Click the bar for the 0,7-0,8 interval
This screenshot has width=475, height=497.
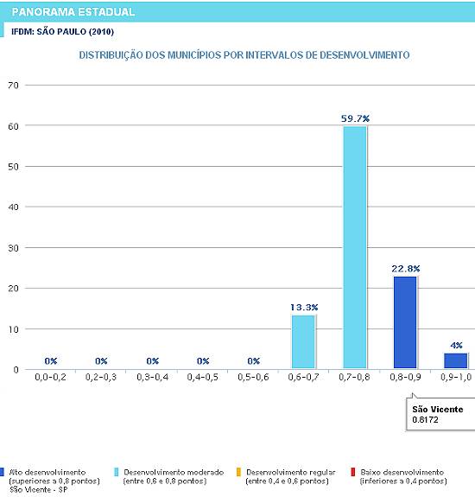(x=355, y=247)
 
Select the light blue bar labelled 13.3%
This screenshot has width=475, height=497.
(x=303, y=341)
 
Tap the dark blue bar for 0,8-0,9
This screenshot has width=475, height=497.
(x=405, y=322)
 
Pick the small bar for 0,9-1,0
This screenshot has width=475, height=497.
(x=456, y=360)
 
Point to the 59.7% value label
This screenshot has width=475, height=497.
(x=355, y=119)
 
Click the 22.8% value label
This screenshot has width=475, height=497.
(x=406, y=269)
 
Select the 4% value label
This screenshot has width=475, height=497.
(x=456, y=345)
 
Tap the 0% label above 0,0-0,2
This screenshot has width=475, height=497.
(x=51, y=361)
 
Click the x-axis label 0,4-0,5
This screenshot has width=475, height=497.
(x=203, y=377)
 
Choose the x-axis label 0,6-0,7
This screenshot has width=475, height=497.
(x=303, y=377)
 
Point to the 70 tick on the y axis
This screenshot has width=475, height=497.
(x=13, y=86)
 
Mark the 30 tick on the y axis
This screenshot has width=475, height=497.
(x=13, y=248)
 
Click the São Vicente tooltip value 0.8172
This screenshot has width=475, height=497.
(x=425, y=420)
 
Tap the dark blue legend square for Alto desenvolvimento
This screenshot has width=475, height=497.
(x=2, y=472)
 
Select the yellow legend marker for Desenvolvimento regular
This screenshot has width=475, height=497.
(x=238, y=472)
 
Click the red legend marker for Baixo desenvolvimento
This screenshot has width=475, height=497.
(x=352, y=472)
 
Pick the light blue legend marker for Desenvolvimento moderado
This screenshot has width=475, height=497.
(x=117, y=472)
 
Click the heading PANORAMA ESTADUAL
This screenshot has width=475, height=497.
(x=73, y=12)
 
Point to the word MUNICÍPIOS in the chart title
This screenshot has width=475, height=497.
(x=194, y=55)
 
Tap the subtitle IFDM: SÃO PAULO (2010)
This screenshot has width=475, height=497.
(x=63, y=32)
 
